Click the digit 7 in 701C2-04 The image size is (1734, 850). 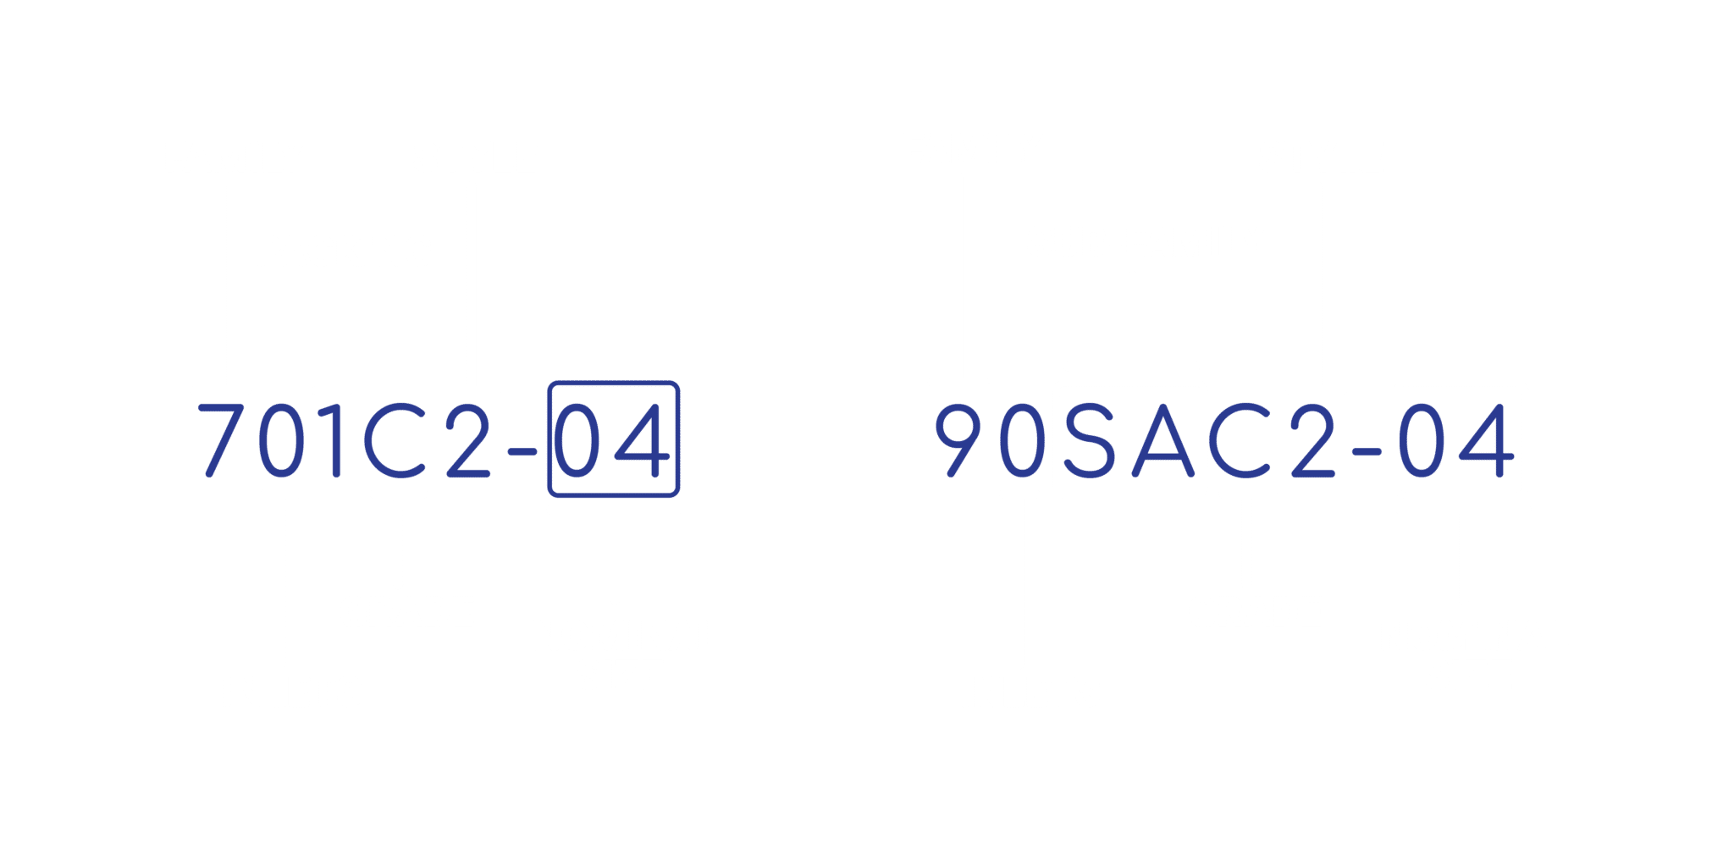coord(222,440)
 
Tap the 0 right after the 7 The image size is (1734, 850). coord(281,440)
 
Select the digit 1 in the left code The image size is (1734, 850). coord(330,440)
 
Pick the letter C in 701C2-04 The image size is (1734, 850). coord(395,440)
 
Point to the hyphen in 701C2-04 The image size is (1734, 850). coord(522,452)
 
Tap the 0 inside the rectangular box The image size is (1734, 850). coord(577,440)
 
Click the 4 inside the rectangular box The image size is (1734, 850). coord(642,440)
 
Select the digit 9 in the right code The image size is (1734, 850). coord(958,440)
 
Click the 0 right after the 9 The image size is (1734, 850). coord(1023,440)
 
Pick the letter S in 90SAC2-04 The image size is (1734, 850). coord(1090,440)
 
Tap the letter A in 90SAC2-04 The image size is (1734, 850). coord(1163,440)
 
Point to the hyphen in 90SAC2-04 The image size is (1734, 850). coord(1367,452)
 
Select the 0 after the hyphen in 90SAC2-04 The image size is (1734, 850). coord(1422,440)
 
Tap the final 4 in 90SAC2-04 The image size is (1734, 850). coord(1487,440)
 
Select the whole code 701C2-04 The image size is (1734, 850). coord(434,440)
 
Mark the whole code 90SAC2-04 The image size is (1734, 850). coord(1225,440)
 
